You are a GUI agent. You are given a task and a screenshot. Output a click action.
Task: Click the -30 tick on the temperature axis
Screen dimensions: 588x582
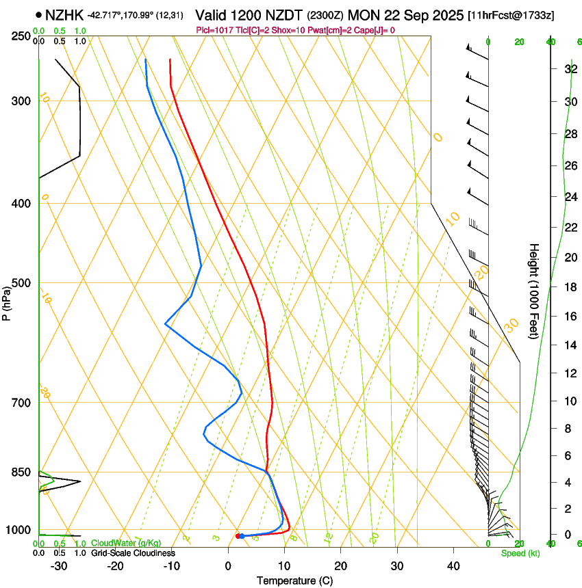pyautogui.click(x=59, y=565)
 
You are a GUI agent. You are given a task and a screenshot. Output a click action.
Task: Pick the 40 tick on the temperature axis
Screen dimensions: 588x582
pyautogui.click(x=453, y=565)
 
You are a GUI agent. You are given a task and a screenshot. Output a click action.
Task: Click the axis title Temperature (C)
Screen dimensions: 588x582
pyautogui.click(x=294, y=580)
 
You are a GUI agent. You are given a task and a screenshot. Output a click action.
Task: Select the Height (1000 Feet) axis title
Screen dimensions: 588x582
pyautogui.click(x=534, y=291)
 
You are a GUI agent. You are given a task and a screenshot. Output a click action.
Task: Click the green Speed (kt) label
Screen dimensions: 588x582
pyautogui.click(x=520, y=553)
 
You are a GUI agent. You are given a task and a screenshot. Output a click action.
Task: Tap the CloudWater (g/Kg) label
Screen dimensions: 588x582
pyautogui.click(x=126, y=543)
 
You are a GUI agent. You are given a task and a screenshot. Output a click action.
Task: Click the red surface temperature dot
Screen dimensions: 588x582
pyautogui.click(x=238, y=536)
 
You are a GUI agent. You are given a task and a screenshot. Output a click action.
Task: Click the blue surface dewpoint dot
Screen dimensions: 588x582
pyautogui.click(x=242, y=536)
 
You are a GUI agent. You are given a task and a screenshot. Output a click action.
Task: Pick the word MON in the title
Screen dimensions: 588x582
pyautogui.click(x=364, y=14)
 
